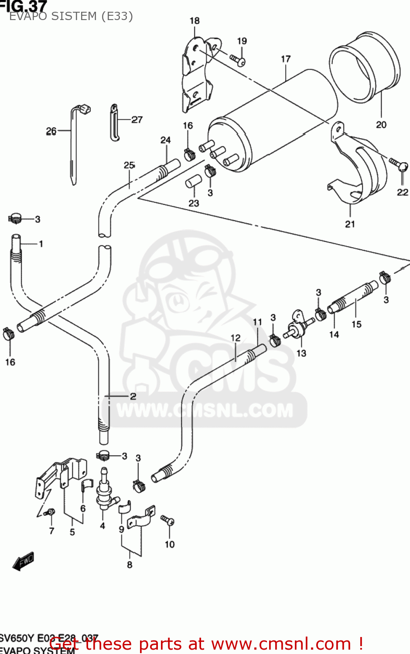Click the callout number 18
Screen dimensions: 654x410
(195, 20)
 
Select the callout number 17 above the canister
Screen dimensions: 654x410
(286, 59)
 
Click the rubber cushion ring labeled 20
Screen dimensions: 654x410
(365, 68)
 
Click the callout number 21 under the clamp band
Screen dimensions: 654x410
(350, 224)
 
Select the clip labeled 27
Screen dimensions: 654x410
(114, 123)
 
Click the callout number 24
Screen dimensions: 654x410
(165, 140)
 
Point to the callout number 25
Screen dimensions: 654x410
(129, 165)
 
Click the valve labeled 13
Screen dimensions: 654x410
(298, 327)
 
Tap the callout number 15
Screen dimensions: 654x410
(356, 324)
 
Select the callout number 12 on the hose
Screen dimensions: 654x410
(236, 337)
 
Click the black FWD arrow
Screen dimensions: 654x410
(23, 561)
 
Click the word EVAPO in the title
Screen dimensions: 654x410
(29, 16)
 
